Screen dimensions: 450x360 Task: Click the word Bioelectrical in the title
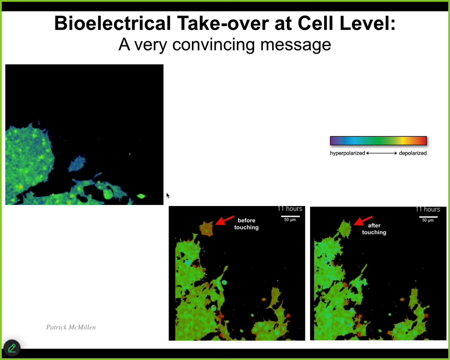pos(112,23)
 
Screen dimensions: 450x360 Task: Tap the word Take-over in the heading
pos(222,23)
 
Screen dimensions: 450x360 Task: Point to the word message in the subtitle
pos(295,45)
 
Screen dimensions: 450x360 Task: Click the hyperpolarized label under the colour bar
pos(347,153)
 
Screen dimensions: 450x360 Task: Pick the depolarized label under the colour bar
pos(412,153)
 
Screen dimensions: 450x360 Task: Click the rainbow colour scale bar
pos(378,140)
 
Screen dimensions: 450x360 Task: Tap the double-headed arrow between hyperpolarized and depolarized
pos(381,153)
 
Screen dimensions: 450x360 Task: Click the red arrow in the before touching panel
pos(225,220)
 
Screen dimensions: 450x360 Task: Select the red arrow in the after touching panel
pos(363,221)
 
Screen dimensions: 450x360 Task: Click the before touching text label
pos(246,224)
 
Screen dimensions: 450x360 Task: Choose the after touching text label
pos(374,229)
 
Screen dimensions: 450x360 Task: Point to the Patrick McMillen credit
pos(71,327)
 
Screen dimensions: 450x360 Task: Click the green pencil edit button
pos(12,348)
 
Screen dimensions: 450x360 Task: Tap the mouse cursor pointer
pos(168,195)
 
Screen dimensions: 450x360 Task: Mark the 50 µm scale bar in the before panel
pos(290,216)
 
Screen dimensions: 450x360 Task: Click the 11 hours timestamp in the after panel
pos(428,209)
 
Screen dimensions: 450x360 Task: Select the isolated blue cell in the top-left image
pos(77,164)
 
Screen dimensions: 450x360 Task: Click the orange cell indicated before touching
pos(206,229)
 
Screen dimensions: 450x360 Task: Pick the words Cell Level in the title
pos(346,23)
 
